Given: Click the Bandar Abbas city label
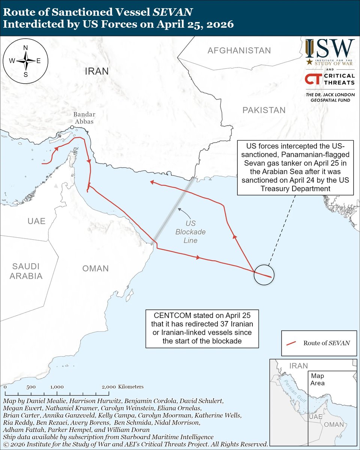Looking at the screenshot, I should tap(84, 118).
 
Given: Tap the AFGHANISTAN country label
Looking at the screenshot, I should tap(239, 50).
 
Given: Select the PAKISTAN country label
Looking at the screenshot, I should tap(264, 110).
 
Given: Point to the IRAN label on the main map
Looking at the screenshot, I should tap(96, 71).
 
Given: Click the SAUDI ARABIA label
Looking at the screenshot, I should tap(26, 271).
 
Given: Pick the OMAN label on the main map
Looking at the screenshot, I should tap(95, 268).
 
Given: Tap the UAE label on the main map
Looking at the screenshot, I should tap(36, 221).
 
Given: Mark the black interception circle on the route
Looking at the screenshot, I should tap(264, 275).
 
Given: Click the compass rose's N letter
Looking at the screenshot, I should tap(26, 48).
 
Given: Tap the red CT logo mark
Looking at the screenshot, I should tap(313, 79).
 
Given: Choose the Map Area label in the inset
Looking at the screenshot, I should tap(317, 379).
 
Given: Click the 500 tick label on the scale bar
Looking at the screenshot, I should tap(31, 387).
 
